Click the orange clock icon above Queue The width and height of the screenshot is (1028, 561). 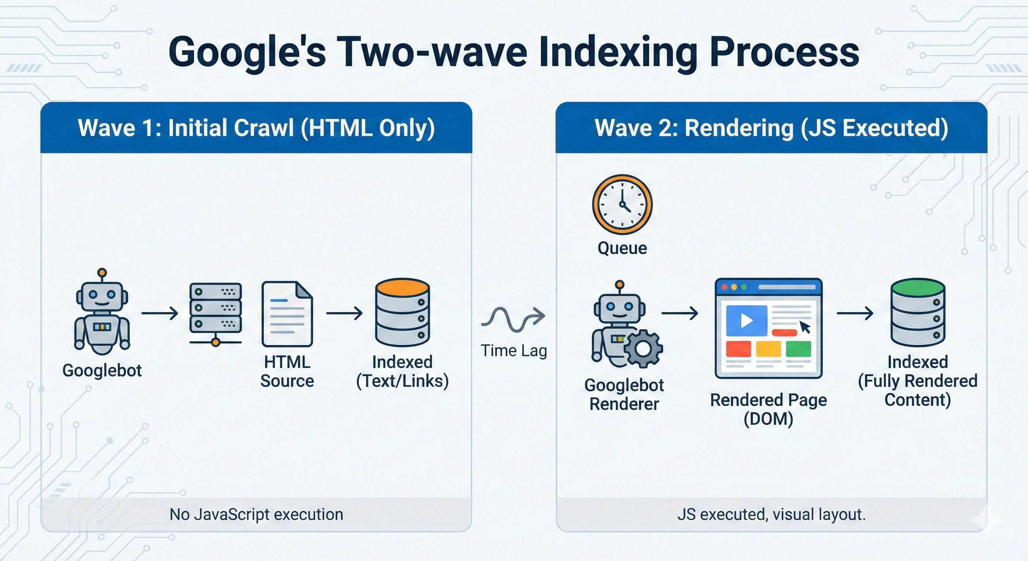point(622,204)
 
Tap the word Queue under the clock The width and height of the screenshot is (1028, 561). point(622,248)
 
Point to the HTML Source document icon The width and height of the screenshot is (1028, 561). point(287,314)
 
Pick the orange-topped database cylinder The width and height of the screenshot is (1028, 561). point(402,312)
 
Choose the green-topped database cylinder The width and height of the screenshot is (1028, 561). point(918,312)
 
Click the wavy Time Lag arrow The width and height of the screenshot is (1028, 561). point(513,318)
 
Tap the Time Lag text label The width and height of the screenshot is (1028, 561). point(514,351)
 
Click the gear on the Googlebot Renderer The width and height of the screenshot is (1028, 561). point(643,348)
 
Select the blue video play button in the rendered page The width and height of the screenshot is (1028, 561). point(746,320)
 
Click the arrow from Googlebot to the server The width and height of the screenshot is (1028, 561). point(160,313)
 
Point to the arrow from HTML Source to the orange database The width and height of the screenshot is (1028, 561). point(344,313)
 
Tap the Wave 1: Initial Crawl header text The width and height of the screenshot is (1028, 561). point(256,128)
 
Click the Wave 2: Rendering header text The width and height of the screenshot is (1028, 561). point(771,128)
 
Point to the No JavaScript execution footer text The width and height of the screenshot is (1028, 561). point(256,514)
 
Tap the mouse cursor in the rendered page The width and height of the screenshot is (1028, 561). point(805,327)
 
